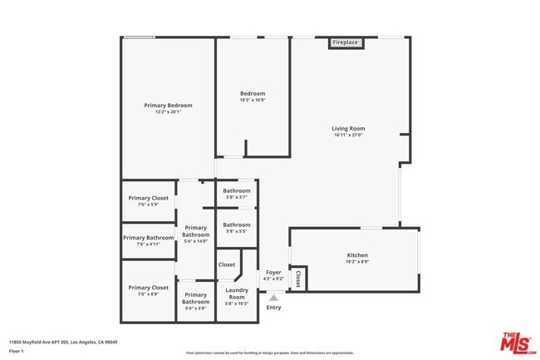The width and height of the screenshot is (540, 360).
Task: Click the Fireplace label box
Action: [345, 42]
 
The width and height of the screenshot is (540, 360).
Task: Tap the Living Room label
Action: [348, 129]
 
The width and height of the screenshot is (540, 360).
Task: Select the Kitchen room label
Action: [357, 255]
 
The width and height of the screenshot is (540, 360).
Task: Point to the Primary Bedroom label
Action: [168, 106]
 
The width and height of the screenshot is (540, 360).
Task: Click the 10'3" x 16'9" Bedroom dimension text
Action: [253, 100]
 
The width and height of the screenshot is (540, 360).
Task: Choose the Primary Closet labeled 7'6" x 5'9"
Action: [149, 198]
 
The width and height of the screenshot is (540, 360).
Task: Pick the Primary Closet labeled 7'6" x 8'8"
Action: [149, 288]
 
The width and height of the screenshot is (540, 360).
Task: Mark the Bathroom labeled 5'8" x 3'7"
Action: [237, 191]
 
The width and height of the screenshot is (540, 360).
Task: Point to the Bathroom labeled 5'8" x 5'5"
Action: [237, 224]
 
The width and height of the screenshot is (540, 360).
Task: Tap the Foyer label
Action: [272, 272]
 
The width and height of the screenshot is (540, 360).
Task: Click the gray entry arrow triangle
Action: [273, 297]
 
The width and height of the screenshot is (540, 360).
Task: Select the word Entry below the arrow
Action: [273, 308]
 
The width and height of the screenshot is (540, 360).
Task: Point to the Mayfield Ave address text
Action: [63, 342]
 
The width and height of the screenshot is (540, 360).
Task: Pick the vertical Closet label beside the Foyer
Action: [297, 279]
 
